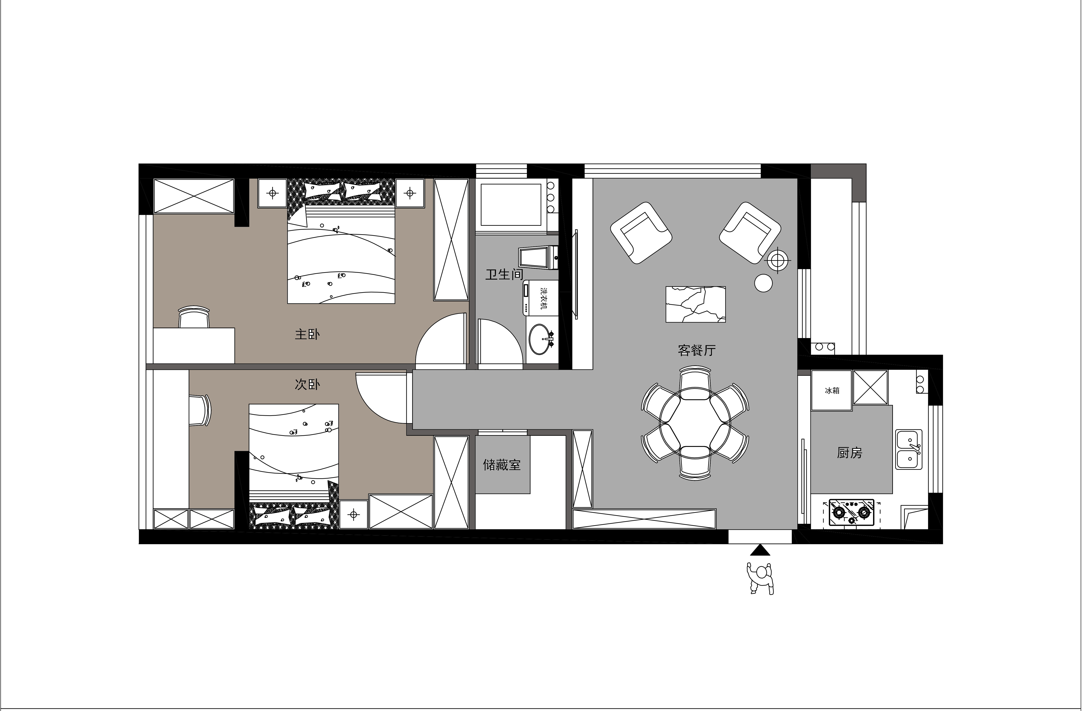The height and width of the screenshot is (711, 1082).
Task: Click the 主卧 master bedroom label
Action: [307, 335]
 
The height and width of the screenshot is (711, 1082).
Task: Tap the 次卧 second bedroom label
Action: [307, 385]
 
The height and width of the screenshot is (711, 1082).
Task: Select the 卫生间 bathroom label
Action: [504, 274]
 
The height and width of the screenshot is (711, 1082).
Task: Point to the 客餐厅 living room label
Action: [696, 350]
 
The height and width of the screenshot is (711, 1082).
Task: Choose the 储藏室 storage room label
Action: [502, 465]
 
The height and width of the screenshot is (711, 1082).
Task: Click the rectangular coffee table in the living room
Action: [696, 304]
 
